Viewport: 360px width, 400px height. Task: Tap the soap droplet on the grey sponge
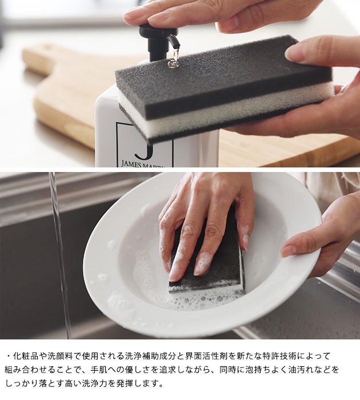(172, 64)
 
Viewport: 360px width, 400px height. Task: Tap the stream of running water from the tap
(60, 255)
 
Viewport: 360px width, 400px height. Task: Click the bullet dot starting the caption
(9, 356)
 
